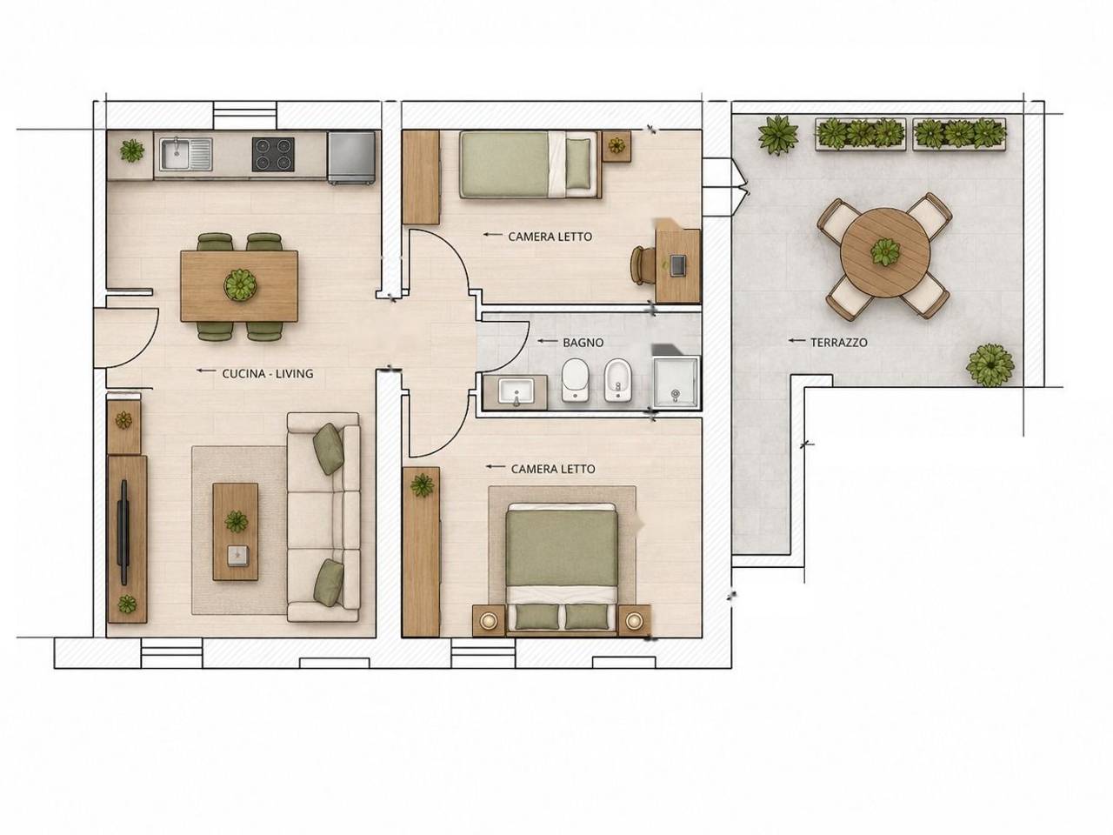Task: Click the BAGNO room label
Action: pos(583,343)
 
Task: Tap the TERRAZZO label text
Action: pos(839,342)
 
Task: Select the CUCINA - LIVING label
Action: pos(268,374)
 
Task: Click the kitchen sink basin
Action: pos(176,154)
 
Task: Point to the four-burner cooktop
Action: pos(273,154)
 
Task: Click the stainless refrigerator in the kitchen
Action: pos(351,157)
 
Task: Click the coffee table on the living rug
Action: pos(236,531)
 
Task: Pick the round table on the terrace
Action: pos(885,251)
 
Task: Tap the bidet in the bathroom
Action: pos(617,380)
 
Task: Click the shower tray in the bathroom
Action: pos(676,382)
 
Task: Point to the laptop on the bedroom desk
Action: pos(678,265)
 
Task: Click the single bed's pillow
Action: pos(578,164)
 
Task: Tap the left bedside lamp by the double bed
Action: pos(489,620)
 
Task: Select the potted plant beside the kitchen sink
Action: pos(132,150)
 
